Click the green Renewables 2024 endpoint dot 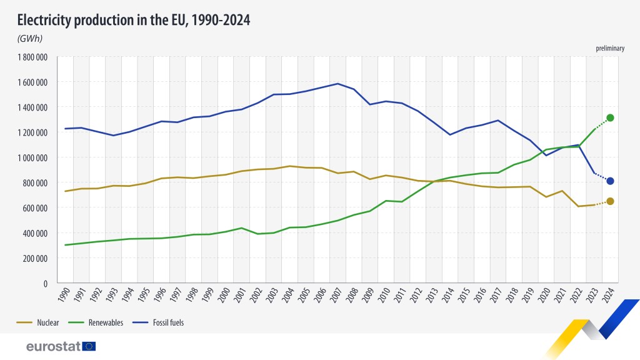coord(610,117)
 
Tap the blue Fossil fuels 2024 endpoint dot coord(610,181)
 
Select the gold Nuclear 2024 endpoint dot coord(610,201)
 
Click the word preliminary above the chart coord(609,48)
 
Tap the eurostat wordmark coord(53,346)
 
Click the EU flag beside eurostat coord(89,346)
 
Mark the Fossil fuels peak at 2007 coord(337,84)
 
